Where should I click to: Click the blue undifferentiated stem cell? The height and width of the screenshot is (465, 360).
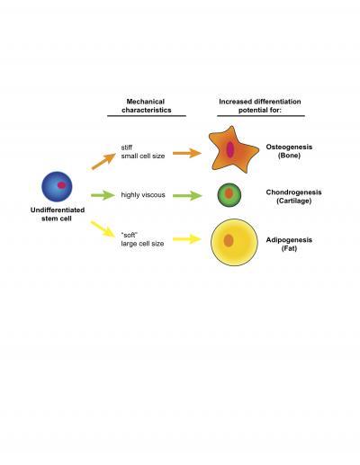[57, 186]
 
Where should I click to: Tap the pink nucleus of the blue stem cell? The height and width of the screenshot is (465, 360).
[61, 185]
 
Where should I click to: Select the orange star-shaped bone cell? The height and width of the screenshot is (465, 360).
[233, 150]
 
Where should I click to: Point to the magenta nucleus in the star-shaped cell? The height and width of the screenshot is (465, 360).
[230, 149]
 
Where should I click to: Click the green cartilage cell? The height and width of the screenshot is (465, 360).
[229, 195]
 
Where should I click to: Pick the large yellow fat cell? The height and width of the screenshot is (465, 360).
[234, 242]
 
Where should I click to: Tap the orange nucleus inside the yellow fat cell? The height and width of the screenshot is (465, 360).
[229, 240]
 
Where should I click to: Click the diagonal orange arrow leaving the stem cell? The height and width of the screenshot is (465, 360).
[103, 161]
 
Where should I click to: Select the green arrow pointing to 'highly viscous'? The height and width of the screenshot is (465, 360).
[103, 195]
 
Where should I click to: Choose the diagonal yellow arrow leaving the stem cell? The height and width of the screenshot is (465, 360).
[103, 229]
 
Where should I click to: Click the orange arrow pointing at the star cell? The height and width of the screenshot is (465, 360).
[187, 153]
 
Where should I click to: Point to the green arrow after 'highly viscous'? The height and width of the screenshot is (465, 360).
[187, 196]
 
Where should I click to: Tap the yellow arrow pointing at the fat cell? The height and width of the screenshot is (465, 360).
[187, 239]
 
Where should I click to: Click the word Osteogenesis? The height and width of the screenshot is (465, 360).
[289, 147]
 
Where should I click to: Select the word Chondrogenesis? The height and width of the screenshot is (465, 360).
[293, 192]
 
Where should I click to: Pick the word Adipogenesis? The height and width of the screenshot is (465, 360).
[289, 240]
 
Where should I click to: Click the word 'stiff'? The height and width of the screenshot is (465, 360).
[127, 148]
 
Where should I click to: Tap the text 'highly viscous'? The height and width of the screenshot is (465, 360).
[143, 195]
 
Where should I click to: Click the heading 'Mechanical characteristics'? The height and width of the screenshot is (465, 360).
[147, 106]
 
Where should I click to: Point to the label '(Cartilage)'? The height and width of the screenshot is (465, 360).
[293, 201]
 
